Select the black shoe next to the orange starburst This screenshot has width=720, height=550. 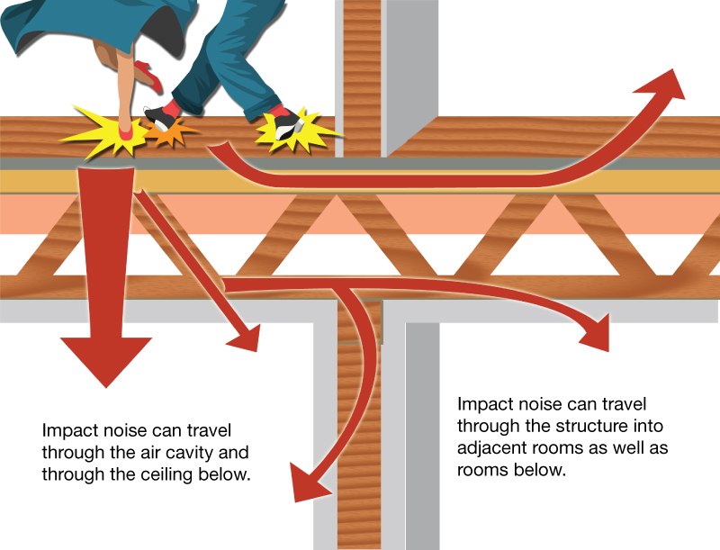click(160, 115)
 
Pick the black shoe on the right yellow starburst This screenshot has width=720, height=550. click(286, 125)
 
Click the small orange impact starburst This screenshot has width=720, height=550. click(165, 135)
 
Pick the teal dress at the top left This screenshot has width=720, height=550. click(54, 27)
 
